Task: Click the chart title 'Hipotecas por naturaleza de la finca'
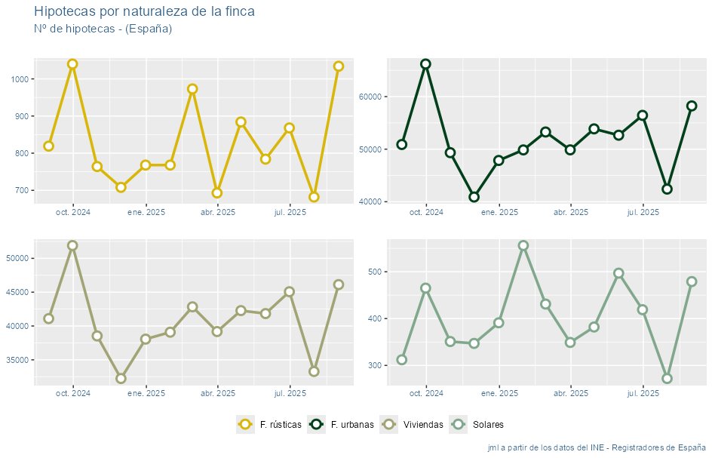pos(144,12)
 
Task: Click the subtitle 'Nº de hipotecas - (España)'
pos(103,29)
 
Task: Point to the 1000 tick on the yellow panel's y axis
pos(19,79)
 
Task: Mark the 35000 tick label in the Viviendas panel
pos(19,360)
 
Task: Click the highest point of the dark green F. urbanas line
pos(425,64)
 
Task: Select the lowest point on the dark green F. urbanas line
pos(474,197)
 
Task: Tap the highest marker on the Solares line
pos(523,246)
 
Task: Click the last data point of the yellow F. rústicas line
pos(338,66)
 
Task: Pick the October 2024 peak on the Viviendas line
pos(72,246)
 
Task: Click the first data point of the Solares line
pos(401,359)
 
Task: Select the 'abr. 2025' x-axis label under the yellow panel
pos(218,213)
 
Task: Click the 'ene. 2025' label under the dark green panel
pos(499,213)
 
